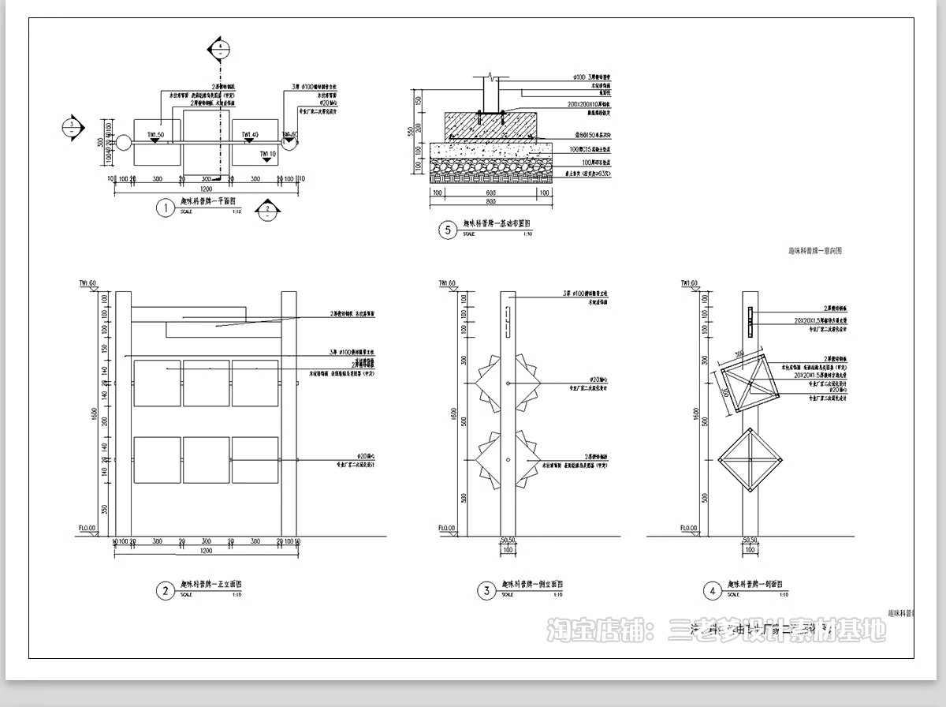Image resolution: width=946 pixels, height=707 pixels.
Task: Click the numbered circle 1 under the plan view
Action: tap(165, 208)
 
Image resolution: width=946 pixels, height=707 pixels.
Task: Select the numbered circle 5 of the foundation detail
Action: tap(449, 230)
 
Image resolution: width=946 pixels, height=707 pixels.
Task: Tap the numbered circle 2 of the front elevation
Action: tap(165, 589)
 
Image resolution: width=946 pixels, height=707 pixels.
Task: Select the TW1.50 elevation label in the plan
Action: tap(155, 136)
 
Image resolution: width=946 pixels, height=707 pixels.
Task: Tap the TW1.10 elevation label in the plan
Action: tap(267, 154)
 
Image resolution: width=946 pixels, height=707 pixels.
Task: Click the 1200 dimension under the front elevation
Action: tap(206, 551)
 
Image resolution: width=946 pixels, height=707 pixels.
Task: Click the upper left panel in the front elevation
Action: tap(157, 383)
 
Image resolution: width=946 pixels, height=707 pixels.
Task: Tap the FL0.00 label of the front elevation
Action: tap(87, 528)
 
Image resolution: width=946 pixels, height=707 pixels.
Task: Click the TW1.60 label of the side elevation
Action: tap(448, 282)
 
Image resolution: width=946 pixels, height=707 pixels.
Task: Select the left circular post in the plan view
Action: tap(124, 143)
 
